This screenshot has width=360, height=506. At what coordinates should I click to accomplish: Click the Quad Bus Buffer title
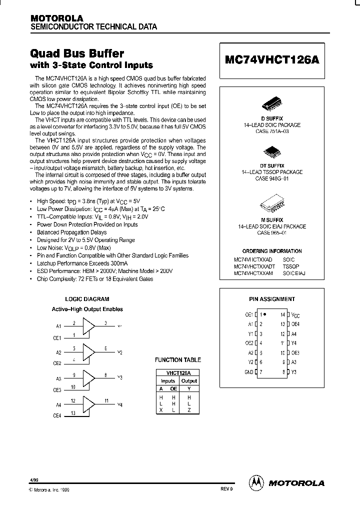click(x=77, y=53)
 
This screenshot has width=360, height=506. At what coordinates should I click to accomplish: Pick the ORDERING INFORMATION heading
click(x=271, y=251)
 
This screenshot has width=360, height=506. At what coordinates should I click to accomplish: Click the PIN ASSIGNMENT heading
click(x=271, y=299)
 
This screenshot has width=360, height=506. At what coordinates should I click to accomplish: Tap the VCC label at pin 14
click(x=295, y=315)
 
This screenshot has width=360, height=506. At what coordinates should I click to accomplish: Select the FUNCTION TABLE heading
click(x=178, y=359)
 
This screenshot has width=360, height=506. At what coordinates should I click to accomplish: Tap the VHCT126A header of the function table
click(x=178, y=372)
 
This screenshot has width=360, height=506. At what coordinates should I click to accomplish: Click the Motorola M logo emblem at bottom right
click(x=255, y=483)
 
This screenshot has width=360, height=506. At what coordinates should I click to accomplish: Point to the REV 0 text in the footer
click(x=226, y=488)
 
